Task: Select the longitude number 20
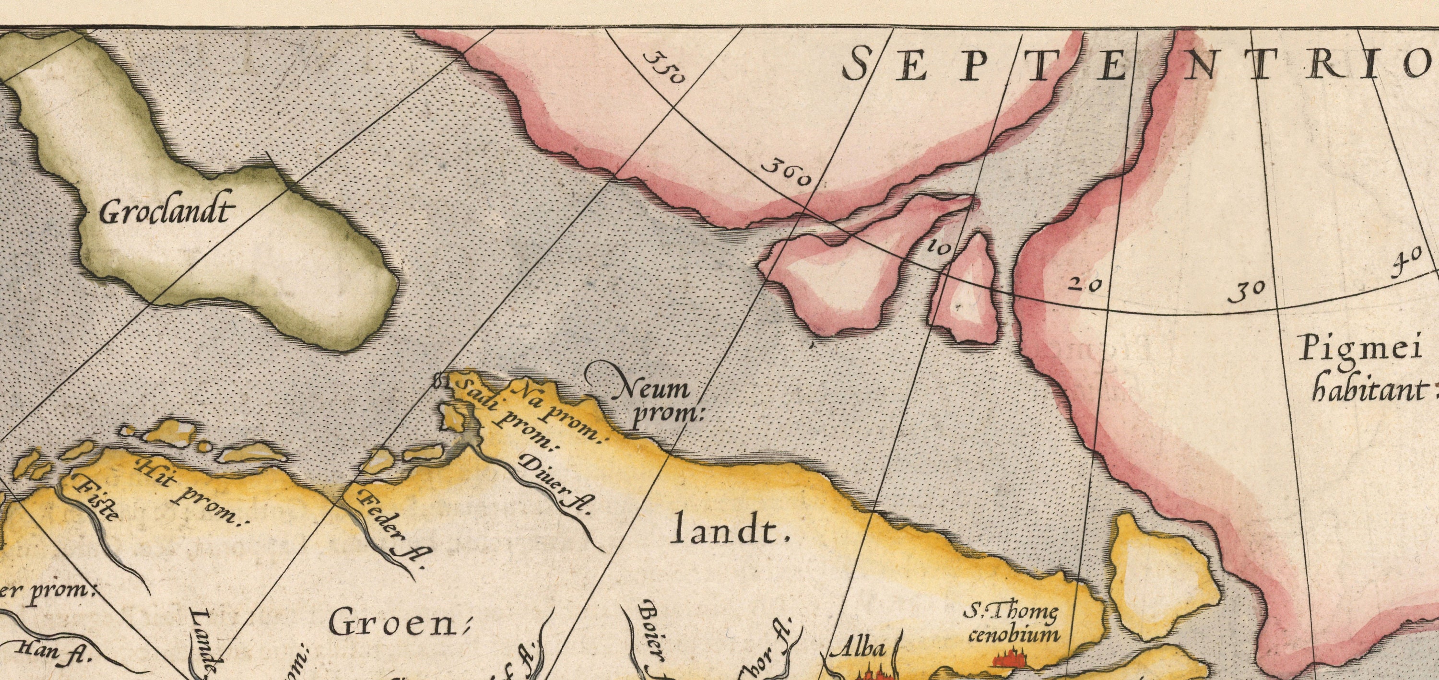point(1085,284)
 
